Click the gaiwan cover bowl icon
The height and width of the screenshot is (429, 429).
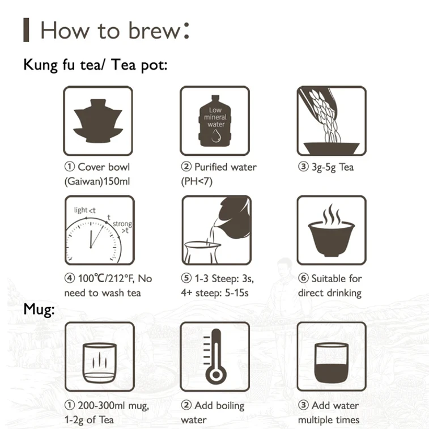click(98, 121)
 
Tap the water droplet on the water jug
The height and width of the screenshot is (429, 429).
click(216, 136)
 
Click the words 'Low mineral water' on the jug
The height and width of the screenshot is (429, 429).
click(215, 117)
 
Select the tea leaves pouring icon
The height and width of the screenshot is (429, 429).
click(332, 121)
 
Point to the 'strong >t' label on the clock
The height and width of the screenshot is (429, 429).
click(122, 227)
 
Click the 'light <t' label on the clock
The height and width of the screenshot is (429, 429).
click(85, 210)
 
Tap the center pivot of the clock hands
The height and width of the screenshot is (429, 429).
click(91, 247)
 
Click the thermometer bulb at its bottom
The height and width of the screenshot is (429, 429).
click(216, 375)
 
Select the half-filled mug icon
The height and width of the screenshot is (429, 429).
click(332, 363)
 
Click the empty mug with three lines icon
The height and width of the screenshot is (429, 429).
click(100, 363)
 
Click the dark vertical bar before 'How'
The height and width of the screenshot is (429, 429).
click(26, 30)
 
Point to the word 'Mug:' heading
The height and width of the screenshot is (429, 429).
click(39, 309)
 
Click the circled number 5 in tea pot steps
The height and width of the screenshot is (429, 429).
click(186, 278)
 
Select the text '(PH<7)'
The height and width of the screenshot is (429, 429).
click(197, 181)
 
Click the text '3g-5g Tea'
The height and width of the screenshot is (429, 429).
click(333, 167)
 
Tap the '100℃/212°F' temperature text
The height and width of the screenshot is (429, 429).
click(107, 278)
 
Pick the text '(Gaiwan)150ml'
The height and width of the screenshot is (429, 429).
click(97, 181)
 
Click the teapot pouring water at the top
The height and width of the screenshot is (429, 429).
click(235, 215)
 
